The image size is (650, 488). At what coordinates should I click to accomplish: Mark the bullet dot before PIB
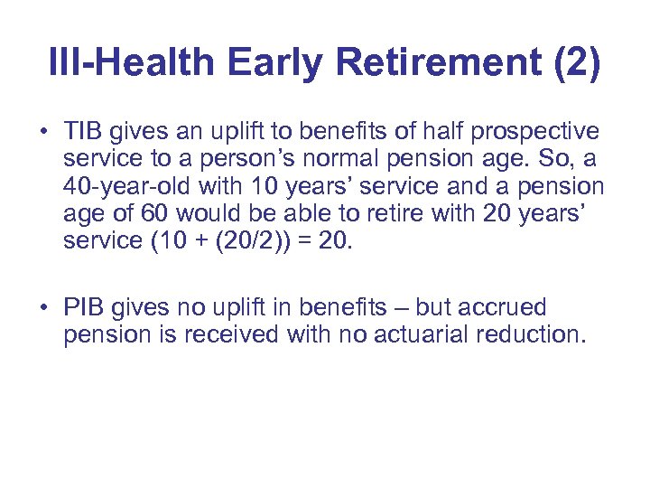click(43, 308)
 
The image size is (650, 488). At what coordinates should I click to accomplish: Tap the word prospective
click(545, 132)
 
